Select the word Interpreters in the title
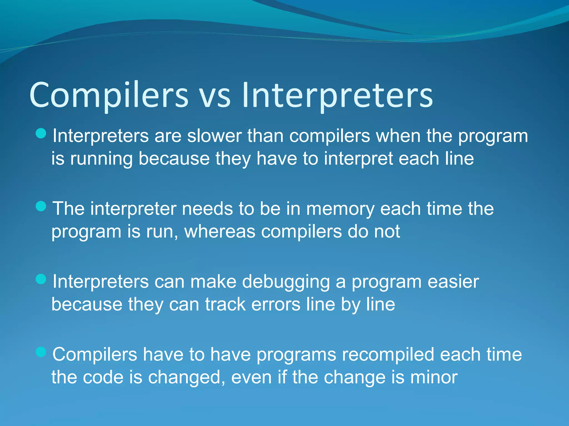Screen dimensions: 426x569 tap(337, 95)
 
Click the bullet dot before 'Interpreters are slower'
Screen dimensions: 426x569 tap(41, 134)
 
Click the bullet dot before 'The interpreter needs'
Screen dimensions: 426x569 tap(41, 206)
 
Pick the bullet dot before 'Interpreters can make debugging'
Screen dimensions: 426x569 tap(41, 279)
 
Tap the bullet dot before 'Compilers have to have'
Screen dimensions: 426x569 tap(41, 352)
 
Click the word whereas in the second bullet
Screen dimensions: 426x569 tap(219, 231)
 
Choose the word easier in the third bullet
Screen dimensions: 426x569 tap(453, 282)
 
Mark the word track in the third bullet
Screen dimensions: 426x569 tap(225, 304)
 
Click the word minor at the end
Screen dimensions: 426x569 tap(434, 377)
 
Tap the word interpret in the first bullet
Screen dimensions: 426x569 tap(358, 159)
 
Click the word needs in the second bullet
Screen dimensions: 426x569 tap(207, 209)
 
